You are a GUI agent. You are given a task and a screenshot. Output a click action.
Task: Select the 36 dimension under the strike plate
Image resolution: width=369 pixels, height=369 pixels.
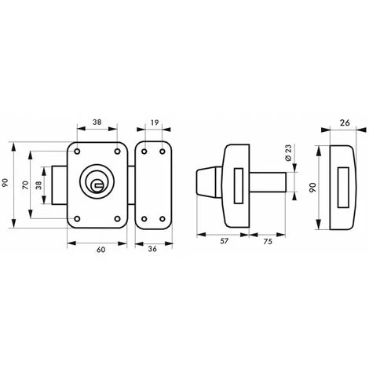pyautogui.click(x=154, y=250)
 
